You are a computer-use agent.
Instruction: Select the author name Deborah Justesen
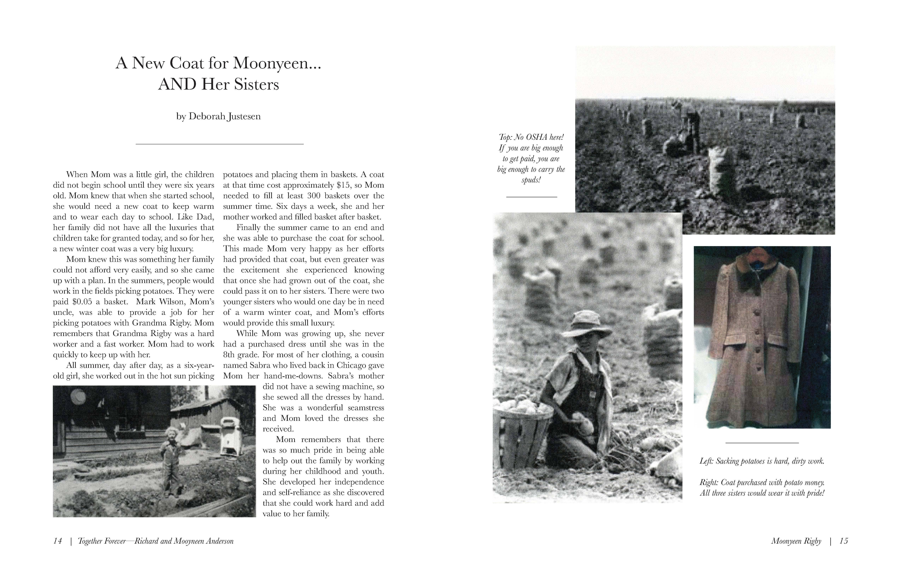(x=218, y=116)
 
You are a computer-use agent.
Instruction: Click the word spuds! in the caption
(x=531, y=180)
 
